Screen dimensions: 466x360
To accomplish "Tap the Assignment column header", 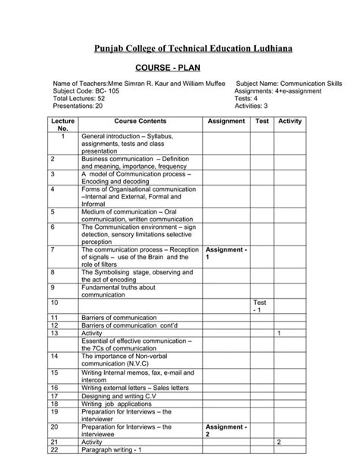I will pyautogui.click(x=226, y=121).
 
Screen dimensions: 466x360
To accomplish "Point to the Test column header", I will pyautogui.click(x=262, y=121).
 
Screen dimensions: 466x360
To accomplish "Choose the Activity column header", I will pyautogui.click(x=290, y=121).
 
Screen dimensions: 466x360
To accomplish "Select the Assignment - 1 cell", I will pyautogui.click(x=226, y=253).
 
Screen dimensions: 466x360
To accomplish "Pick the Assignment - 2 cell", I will pyautogui.click(x=226, y=431).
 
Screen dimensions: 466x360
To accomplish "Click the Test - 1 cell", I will pyautogui.click(x=260, y=306).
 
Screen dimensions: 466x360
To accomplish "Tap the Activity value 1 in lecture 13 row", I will pyautogui.click(x=279, y=333).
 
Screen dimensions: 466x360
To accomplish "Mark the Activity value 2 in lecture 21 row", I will pyautogui.click(x=279, y=442).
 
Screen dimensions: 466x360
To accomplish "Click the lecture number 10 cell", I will pyautogui.click(x=54, y=303).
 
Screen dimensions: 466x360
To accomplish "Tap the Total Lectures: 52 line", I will pyautogui.click(x=78, y=98).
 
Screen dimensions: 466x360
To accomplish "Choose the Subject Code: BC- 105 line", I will pyautogui.click(x=85, y=90).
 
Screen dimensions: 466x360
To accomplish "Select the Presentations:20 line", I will pyautogui.click(x=77, y=106).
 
